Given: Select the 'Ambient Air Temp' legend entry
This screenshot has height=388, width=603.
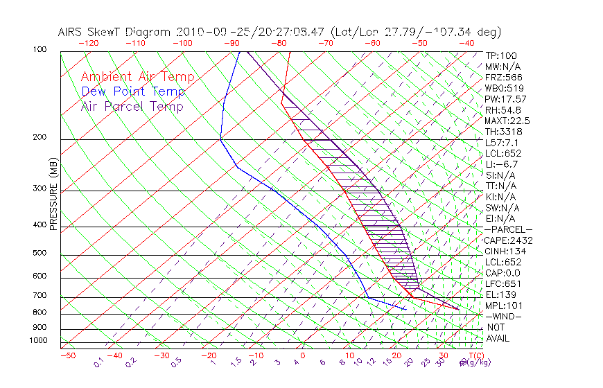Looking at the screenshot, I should click(x=137, y=77).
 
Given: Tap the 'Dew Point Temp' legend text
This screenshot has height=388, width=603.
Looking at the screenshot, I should click(x=132, y=91).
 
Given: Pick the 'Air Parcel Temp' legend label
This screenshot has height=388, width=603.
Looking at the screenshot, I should click(x=132, y=106).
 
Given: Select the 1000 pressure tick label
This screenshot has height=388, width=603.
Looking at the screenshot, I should click(x=38, y=340).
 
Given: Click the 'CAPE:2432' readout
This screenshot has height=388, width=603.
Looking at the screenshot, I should click(x=509, y=240).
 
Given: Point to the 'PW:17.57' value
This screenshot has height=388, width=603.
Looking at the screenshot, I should click(x=507, y=99).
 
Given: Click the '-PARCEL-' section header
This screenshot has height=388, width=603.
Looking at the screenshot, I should click(x=509, y=229).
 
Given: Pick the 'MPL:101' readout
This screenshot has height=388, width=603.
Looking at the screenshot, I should click(x=504, y=306).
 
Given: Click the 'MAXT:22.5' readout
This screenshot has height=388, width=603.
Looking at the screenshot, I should click(x=509, y=121).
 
